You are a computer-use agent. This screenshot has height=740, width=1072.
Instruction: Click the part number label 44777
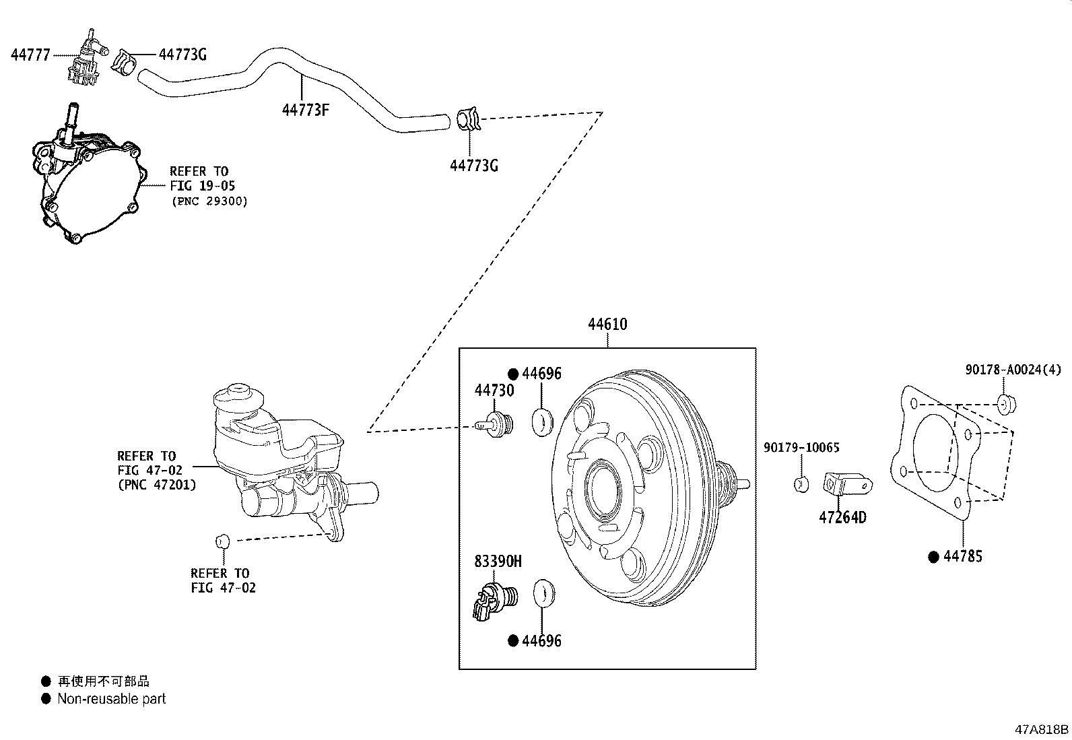point(30,55)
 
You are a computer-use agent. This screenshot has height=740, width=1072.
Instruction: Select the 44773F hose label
point(305,109)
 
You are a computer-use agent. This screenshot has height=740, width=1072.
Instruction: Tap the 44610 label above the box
point(607,325)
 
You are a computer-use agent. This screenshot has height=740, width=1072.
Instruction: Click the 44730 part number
point(494,391)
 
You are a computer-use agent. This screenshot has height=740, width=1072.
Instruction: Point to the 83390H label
point(498,561)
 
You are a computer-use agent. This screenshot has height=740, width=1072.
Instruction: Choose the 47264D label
point(842,517)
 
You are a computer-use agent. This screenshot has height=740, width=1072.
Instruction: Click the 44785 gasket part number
point(962,556)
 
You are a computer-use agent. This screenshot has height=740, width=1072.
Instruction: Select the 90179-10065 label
point(801,448)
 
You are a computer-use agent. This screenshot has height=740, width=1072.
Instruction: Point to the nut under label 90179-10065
point(801,483)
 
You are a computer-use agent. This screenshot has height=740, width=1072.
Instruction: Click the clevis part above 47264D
point(846,483)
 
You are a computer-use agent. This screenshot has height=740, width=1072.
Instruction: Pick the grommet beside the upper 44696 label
point(542,421)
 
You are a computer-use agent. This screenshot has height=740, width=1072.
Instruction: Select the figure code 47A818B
point(1042,729)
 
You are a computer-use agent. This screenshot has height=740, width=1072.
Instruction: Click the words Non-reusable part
point(111,699)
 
